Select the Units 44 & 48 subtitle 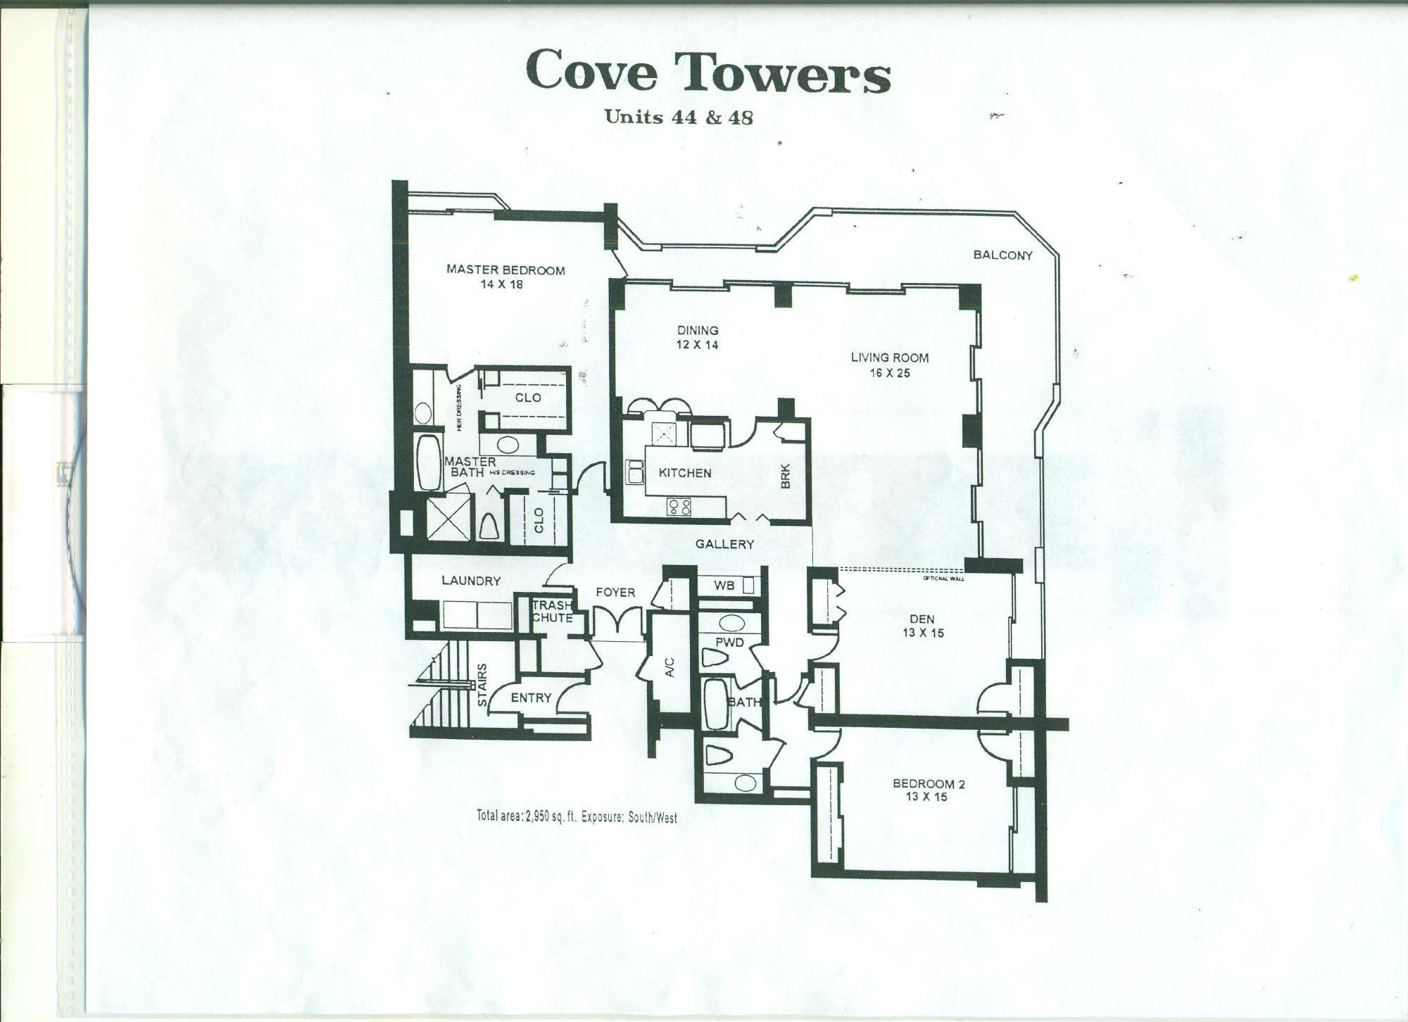pyautogui.click(x=679, y=117)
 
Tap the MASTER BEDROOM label pyautogui.click(x=506, y=270)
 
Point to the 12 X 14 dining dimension pyautogui.click(x=698, y=346)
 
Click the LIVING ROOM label pyautogui.click(x=890, y=358)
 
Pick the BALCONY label pyautogui.click(x=1002, y=255)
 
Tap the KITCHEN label pyautogui.click(x=684, y=473)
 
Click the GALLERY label pyautogui.click(x=724, y=544)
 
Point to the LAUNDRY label pyautogui.click(x=471, y=581)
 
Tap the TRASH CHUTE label pyautogui.click(x=551, y=612)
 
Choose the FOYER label pyautogui.click(x=615, y=593)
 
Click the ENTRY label pyautogui.click(x=531, y=698)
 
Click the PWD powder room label pyautogui.click(x=729, y=643)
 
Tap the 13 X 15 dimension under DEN pyautogui.click(x=922, y=633)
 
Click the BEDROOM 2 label pyautogui.click(x=928, y=784)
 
